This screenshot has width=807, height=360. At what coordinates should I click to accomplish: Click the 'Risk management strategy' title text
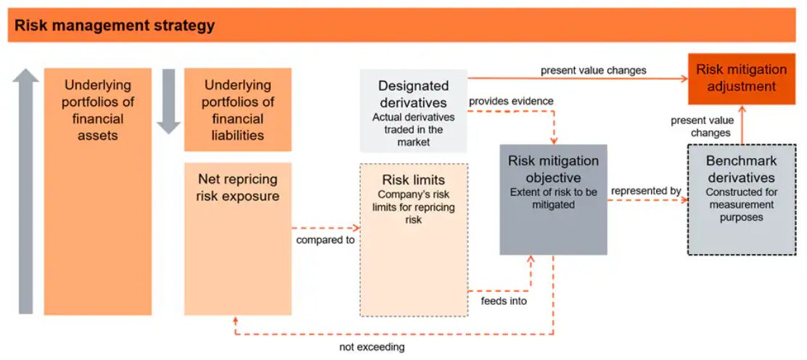pyautogui.click(x=115, y=26)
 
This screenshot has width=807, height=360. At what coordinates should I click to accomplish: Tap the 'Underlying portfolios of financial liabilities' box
pyautogui.click(x=238, y=110)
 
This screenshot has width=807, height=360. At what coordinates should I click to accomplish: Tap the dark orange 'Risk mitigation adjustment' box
pyautogui.click(x=741, y=78)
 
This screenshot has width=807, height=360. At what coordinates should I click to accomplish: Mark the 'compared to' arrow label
pyautogui.click(x=325, y=240)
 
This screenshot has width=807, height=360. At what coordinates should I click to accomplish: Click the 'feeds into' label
pyautogui.click(x=504, y=300)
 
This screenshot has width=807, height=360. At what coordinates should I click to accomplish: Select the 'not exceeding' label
pyautogui.click(x=372, y=347)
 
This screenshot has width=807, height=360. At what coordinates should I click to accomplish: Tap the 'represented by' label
pyautogui.click(x=646, y=191)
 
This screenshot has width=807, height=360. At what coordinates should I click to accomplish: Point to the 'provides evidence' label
pyautogui.click(x=511, y=101)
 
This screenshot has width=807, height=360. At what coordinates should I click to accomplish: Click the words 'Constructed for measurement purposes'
pyautogui.click(x=741, y=205)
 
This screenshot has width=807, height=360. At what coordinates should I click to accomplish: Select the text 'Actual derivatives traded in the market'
pyautogui.click(x=413, y=129)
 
